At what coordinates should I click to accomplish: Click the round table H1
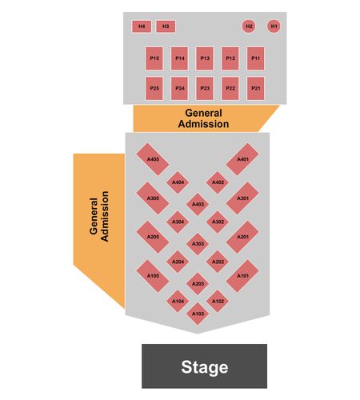point(274,26)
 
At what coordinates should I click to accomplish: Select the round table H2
point(249,26)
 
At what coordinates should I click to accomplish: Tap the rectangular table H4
point(142,26)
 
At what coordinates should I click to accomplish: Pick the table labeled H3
point(166,26)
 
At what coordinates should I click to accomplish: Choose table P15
point(154,58)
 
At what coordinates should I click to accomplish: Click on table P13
point(205,58)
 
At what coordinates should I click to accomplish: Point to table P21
point(256,89)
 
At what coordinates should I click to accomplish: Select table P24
point(179,89)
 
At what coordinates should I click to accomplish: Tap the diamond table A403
point(198,204)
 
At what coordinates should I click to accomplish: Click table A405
point(153,159)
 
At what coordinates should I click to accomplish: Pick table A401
point(242,159)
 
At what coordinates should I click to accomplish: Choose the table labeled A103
point(198,314)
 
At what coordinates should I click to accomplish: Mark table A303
point(198,244)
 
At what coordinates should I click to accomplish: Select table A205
point(153,237)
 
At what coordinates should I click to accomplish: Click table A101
point(242,276)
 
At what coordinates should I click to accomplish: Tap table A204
point(178,262)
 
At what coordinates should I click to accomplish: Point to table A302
point(218,222)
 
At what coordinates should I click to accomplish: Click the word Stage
point(205,367)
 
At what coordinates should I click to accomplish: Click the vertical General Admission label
point(99,217)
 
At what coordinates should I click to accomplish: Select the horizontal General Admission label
point(203,118)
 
